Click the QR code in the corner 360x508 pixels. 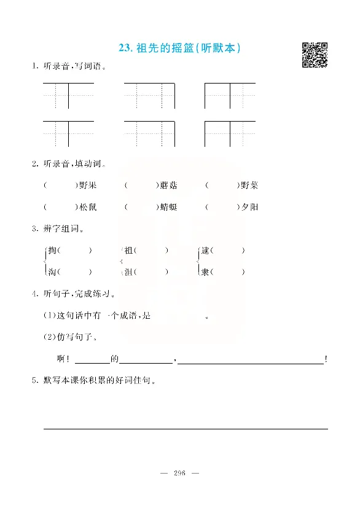pyautogui.click(x=315, y=55)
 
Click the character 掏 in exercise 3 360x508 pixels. pyautogui.click(x=52, y=251)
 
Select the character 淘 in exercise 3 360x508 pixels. pyautogui.click(x=52, y=272)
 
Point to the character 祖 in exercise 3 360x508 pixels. pyautogui.click(x=128, y=251)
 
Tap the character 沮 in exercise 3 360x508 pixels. pyautogui.click(x=128, y=272)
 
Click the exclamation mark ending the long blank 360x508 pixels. pyautogui.click(x=326, y=359)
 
